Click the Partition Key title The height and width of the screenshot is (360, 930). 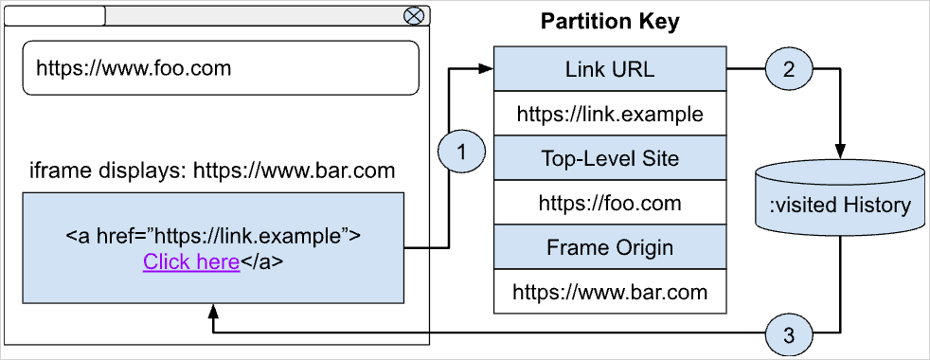[x=609, y=22]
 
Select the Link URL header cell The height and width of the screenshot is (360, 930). [x=609, y=69]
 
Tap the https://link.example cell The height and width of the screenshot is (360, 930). [x=609, y=115]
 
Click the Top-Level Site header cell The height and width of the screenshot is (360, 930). [x=609, y=158]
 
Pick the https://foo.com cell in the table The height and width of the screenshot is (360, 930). [x=609, y=203]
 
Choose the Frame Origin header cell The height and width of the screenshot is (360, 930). [x=609, y=248]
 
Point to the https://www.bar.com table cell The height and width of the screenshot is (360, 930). [x=609, y=292]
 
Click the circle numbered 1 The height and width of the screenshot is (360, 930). [x=461, y=152]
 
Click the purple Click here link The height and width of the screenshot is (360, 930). [x=191, y=261]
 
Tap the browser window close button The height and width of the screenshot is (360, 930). [x=413, y=15]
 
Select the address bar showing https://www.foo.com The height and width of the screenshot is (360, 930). [x=220, y=68]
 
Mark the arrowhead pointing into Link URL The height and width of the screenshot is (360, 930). [x=487, y=69]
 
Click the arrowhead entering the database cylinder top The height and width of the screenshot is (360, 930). [x=841, y=151]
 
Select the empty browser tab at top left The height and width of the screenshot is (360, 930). [x=55, y=15]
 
